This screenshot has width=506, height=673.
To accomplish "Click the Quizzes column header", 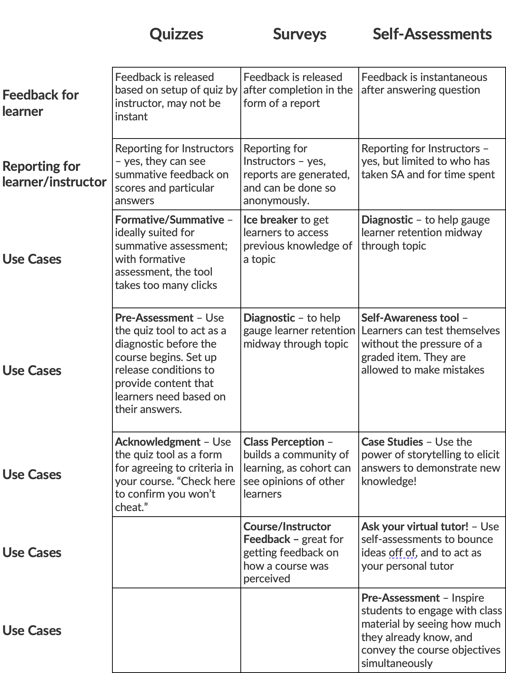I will [x=176, y=34].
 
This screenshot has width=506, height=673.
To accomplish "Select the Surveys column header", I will [x=299, y=34].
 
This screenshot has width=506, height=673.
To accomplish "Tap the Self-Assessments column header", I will [x=432, y=34].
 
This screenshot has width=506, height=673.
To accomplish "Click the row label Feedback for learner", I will [x=40, y=103].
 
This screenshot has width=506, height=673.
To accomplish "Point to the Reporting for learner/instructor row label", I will [x=54, y=174].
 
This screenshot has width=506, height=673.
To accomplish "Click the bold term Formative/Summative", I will [x=170, y=220].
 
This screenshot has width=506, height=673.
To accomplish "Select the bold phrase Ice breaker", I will [x=270, y=220].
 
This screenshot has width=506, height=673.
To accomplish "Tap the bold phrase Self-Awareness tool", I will [x=410, y=318].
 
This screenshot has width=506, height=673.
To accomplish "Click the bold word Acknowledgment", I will [x=158, y=442].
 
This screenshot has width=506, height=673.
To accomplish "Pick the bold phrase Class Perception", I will [x=283, y=442].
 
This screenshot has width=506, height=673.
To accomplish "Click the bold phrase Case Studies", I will [x=392, y=442].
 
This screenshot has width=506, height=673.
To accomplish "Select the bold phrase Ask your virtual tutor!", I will [x=414, y=527].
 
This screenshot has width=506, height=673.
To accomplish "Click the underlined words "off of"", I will [x=402, y=553].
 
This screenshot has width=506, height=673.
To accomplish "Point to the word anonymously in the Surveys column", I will [x=276, y=201].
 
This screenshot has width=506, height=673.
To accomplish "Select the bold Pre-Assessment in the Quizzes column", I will [x=154, y=318].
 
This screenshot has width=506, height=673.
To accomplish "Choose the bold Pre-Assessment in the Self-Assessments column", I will [x=400, y=598].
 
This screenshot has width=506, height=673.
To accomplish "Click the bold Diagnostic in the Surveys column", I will [x=269, y=318].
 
